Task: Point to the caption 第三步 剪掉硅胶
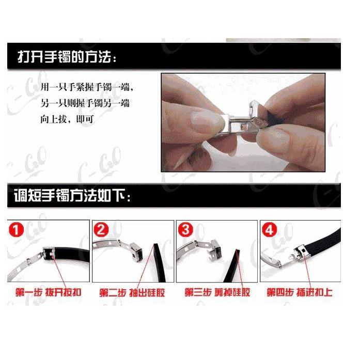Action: [x=216, y=292]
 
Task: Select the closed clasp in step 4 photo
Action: [x=301, y=253]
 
